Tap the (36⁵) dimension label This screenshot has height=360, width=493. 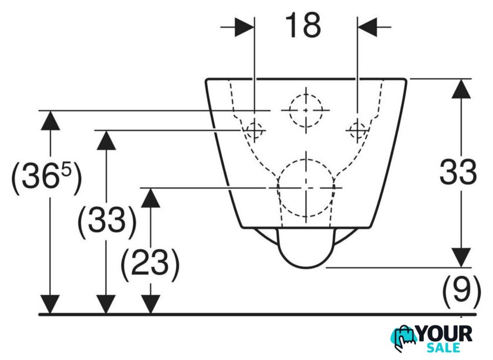tap(46, 177)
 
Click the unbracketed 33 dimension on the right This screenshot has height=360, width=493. tap(458, 172)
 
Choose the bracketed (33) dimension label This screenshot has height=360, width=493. tap(107, 220)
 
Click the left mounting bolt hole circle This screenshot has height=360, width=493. tap(255, 130)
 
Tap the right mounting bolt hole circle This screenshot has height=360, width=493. tap(357, 130)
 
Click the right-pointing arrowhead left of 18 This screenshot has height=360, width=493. tap(245, 27)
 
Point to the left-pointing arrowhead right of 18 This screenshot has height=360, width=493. tap(367, 27)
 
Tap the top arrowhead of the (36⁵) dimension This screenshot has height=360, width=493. tap(50, 120)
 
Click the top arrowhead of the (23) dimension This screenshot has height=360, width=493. tap(151, 198)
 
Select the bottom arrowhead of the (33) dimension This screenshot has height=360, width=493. tap(106, 304)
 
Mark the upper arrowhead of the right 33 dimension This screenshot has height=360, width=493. tap(461, 89)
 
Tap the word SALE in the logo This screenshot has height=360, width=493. tap(443, 348)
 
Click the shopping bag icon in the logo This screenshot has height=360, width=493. tap(405, 338)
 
